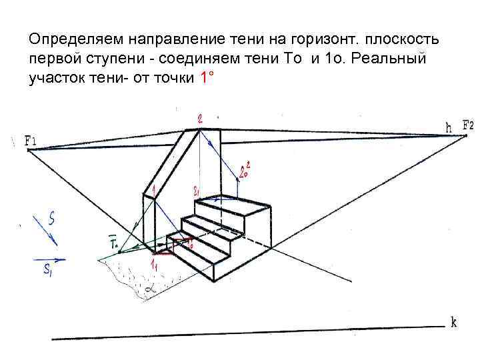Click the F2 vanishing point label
(467, 125)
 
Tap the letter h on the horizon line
(449, 126)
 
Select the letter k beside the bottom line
(453, 323)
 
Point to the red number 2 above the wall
(201, 119)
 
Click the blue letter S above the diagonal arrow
(51, 216)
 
